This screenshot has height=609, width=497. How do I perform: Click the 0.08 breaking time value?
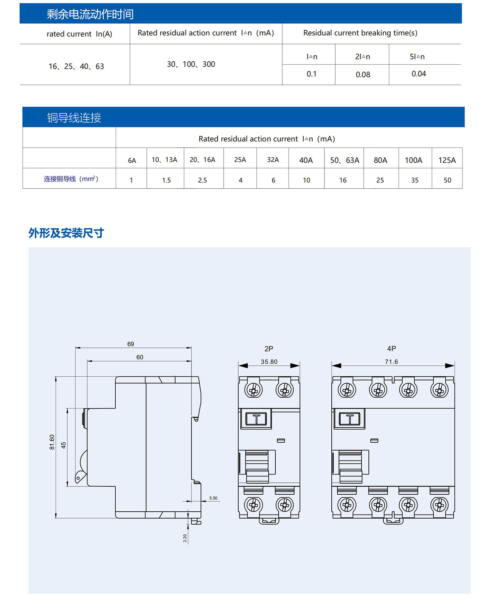[x=363, y=75]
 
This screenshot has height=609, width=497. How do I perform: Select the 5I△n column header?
[x=417, y=57]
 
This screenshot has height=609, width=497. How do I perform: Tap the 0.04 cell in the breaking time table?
[x=419, y=74]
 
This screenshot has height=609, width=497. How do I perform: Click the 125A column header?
[x=447, y=160]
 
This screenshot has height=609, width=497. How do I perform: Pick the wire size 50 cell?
[x=447, y=180]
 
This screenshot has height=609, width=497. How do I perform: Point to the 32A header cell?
[x=273, y=160]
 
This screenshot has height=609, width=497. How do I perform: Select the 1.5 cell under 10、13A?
[x=166, y=180]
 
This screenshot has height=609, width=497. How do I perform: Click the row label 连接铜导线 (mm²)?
[x=71, y=179]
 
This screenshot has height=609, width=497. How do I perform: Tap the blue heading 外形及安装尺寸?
[x=66, y=233]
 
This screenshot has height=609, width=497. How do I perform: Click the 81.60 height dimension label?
[x=52, y=442]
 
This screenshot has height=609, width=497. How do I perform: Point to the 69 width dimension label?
[x=131, y=344]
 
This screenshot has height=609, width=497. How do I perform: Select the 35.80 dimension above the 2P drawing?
[x=269, y=362]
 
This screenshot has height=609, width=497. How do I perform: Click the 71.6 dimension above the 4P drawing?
[x=391, y=362]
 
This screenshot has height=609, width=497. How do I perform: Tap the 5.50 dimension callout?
[x=213, y=498]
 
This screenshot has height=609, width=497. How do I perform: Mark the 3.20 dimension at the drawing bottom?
[x=185, y=538]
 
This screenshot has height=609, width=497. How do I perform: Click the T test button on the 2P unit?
[x=256, y=419]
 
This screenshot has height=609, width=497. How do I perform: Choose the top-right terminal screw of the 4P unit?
[x=439, y=390]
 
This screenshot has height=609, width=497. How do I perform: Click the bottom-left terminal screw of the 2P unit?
[x=253, y=505]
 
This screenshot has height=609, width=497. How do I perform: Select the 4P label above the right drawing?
[x=391, y=349]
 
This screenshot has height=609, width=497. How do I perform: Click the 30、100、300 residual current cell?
[x=191, y=64]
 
